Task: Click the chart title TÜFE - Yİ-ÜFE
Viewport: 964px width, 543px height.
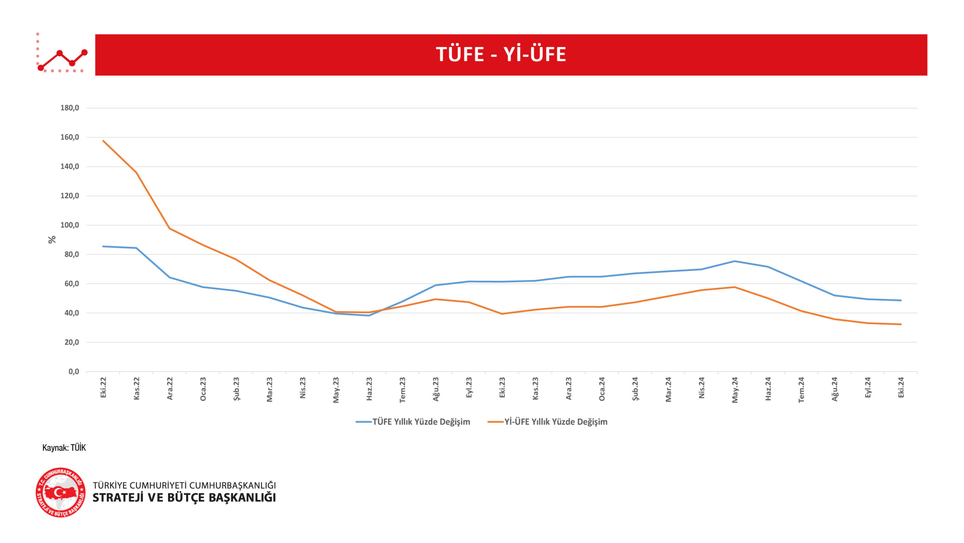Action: (501, 54)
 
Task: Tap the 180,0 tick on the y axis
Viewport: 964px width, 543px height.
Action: (70, 108)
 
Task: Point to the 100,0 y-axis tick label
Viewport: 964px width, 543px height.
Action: (70, 225)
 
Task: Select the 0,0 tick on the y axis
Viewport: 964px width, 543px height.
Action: (74, 372)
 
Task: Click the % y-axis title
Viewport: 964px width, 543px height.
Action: (52, 240)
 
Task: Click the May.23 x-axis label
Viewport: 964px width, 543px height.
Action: (336, 390)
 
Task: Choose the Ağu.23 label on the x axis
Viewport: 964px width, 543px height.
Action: (436, 389)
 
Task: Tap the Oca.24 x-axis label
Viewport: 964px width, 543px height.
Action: (602, 389)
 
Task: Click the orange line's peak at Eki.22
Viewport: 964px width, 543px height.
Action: (103, 141)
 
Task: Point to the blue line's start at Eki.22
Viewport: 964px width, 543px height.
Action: (103, 246)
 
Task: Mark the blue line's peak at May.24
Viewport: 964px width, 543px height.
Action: (734, 261)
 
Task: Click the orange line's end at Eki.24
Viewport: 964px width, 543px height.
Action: (901, 324)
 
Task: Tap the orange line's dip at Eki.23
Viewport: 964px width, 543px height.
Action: (502, 314)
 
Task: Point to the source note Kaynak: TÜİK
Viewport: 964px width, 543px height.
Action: (64, 448)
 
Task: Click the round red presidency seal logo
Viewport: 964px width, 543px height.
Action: (61, 493)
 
